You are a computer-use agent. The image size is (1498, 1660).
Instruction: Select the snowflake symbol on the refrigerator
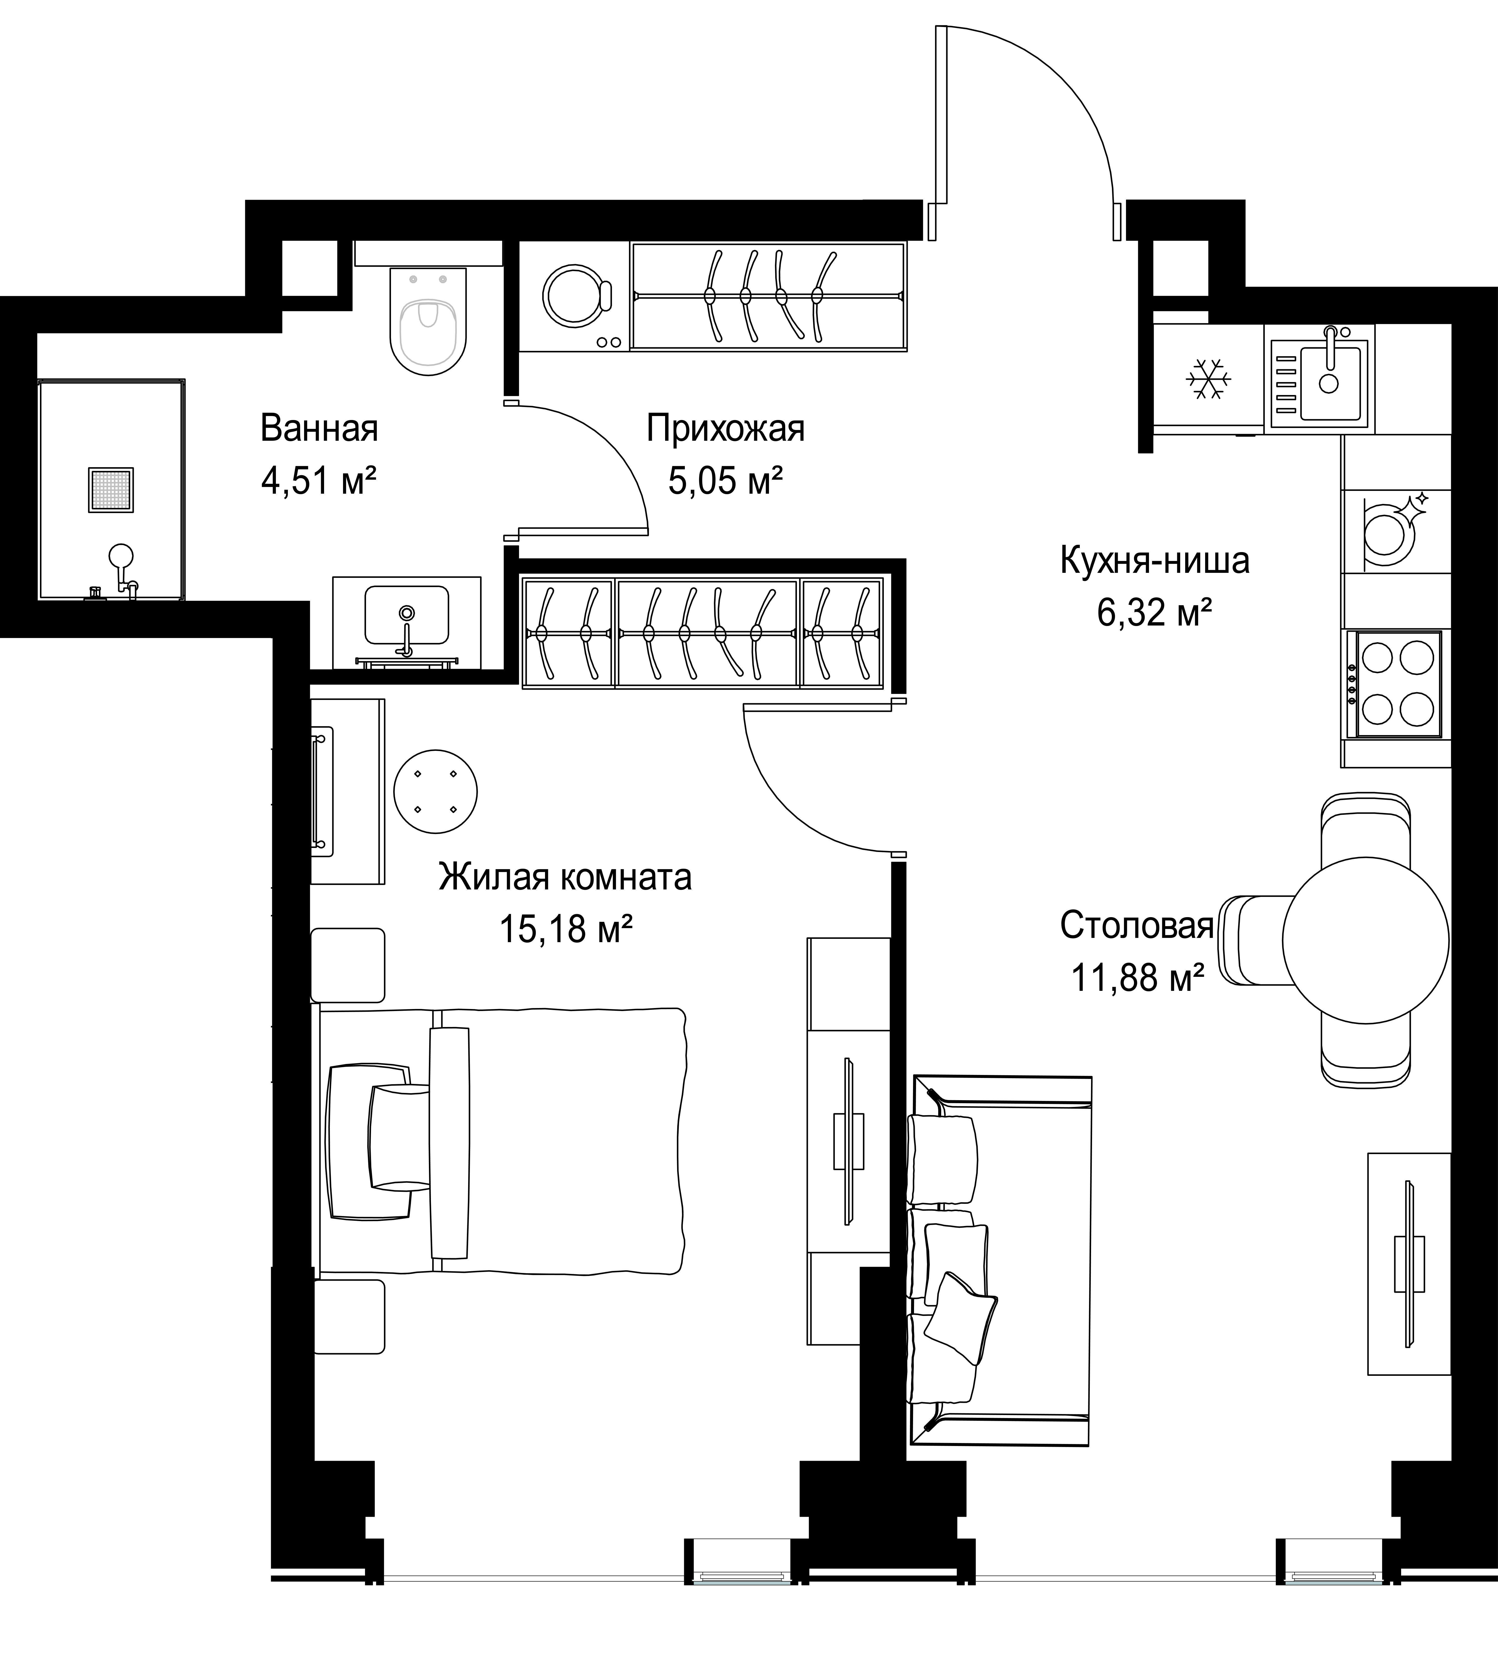click(x=1208, y=379)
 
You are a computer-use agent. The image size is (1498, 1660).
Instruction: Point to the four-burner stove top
click(x=1399, y=683)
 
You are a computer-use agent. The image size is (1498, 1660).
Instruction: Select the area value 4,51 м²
click(x=319, y=481)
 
